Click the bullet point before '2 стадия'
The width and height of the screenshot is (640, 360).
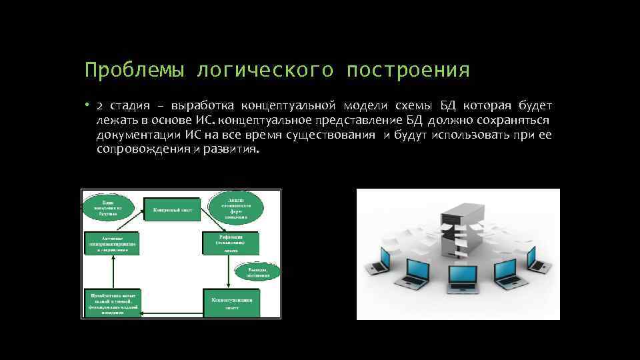tap(87, 107)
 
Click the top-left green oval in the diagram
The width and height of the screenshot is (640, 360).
tap(107, 207)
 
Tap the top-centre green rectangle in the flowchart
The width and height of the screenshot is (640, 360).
tap(172, 209)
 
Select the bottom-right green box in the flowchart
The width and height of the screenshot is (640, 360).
tap(231, 303)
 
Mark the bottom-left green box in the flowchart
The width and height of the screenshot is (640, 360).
tap(111, 304)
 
